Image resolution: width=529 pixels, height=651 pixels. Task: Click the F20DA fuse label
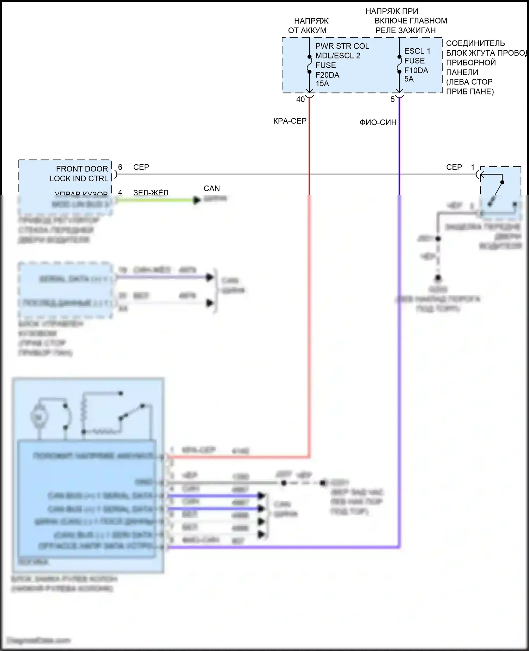tap(327, 75)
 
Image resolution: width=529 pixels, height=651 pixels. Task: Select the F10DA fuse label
tap(416, 70)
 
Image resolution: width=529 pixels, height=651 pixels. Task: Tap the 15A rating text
tap(322, 84)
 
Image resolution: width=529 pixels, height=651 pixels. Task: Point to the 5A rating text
tap(409, 79)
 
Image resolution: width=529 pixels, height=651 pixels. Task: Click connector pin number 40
tap(300, 99)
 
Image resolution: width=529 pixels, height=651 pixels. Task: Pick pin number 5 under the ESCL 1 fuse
tap(393, 99)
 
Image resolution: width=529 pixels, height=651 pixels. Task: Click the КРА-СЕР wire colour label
tap(290, 121)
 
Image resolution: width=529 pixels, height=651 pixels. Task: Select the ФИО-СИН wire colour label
tap(378, 122)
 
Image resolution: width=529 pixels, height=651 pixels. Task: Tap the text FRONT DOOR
tap(82, 169)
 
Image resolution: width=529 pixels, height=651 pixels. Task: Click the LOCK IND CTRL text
tap(79, 178)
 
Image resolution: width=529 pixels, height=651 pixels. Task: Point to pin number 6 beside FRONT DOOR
tap(120, 167)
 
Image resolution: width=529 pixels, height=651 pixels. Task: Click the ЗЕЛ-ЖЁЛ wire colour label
tap(151, 193)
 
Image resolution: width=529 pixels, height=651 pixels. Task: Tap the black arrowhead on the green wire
tap(197, 200)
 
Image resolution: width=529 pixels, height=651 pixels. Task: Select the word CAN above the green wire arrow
tap(212, 189)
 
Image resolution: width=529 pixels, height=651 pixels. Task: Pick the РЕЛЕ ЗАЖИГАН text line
tap(406, 30)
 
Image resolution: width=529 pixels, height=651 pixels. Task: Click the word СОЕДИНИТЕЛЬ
tap(475, 43)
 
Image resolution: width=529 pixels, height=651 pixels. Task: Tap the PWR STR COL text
tap(342, 46)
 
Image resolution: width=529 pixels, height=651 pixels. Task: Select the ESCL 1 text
tap(417, 51)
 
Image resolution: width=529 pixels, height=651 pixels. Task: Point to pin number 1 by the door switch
tap(473, 167)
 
